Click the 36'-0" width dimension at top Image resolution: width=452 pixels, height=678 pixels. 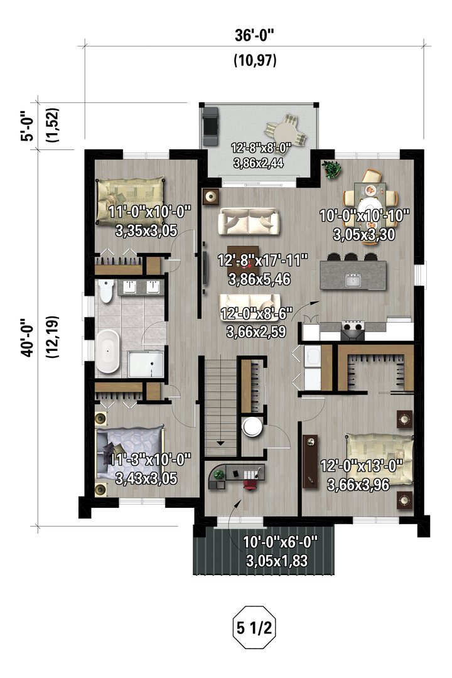[254, 35]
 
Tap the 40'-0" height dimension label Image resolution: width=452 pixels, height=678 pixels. [28, 338]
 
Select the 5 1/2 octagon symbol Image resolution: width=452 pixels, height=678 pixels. [254, 627]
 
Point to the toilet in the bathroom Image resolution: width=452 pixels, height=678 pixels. [105, 291]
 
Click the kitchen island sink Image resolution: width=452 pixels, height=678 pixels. [353, 280]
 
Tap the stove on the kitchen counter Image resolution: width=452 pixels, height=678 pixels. [353, 330]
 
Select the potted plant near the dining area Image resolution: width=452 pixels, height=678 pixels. [331, 169]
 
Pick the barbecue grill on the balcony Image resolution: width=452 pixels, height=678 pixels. [210, 126]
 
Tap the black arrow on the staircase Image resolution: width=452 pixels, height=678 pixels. [220, 443]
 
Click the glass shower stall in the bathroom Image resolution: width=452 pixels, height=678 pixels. [146, 363]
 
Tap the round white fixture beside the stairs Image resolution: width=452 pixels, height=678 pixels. [252, 428]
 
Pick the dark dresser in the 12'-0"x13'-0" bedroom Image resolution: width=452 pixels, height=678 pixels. [310, 461]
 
